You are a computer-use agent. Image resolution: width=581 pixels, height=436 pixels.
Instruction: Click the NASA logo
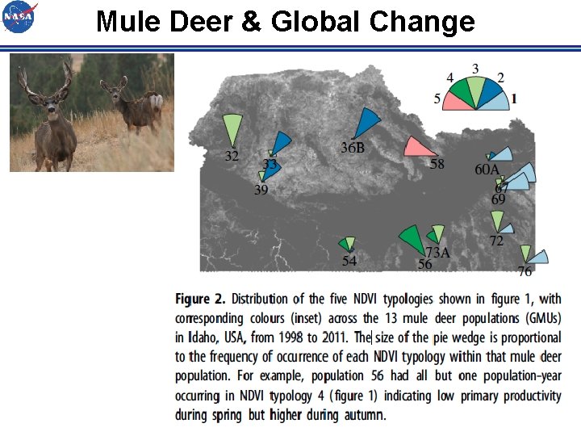pos(19,17)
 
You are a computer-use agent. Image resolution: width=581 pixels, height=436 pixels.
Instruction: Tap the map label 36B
pos(352,148)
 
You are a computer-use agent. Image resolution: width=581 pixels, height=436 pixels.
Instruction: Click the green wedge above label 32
pos(232,129)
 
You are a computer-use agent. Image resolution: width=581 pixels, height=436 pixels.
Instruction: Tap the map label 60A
pos(487,170)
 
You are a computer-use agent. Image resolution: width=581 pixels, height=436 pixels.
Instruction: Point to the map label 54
pos(349,261)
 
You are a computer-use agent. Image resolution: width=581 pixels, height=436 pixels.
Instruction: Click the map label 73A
pos(438,253)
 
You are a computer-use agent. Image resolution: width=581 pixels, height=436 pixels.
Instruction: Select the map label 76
pos(525,272)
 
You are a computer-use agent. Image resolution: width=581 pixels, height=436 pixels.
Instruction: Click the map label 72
pos(496,241)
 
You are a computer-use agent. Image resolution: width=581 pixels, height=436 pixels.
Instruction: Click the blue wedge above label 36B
pos(367,124)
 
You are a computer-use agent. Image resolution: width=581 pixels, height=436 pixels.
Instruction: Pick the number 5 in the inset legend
pos(437,99)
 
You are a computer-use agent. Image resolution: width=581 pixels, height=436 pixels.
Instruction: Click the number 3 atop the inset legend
pos(475,69)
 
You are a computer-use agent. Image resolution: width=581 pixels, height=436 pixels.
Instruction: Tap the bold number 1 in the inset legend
pos(514,99)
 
